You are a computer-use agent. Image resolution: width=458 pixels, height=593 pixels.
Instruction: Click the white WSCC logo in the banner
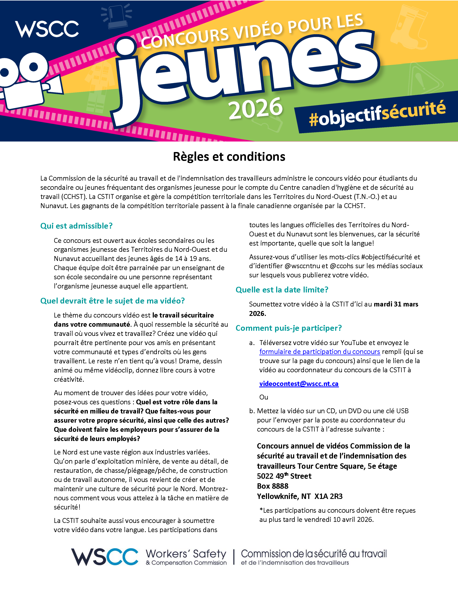click(47, 29)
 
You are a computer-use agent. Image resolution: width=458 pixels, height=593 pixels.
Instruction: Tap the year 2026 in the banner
click(255, 109)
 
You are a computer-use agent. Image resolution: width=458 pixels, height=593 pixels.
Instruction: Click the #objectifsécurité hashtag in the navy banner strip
click(377, 114)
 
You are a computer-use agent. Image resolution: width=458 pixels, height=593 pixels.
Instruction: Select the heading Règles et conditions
click(229, 157)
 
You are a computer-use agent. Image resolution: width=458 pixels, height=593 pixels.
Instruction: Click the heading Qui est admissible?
click(76, 226)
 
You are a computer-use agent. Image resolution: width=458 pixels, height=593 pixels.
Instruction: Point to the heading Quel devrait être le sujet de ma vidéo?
click(112, 301)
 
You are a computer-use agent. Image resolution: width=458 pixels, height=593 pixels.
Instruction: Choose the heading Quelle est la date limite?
click(282, 290)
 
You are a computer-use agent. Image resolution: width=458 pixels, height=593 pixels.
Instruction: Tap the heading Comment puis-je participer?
click(289, 328)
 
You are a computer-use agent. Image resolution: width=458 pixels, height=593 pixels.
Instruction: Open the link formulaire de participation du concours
click(319, 351)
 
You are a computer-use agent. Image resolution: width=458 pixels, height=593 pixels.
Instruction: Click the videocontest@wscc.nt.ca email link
click(299, 384)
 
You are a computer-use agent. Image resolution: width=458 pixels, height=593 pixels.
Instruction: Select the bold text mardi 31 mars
click(396, 304)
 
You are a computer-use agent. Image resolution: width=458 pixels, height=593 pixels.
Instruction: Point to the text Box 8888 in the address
click(272, 486)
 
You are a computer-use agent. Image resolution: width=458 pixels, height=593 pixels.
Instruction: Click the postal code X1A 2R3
click(328, 496)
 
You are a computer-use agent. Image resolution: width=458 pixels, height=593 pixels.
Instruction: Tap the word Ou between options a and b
click(263, 397)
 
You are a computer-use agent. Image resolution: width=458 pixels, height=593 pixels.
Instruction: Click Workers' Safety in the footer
click(186, 554)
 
